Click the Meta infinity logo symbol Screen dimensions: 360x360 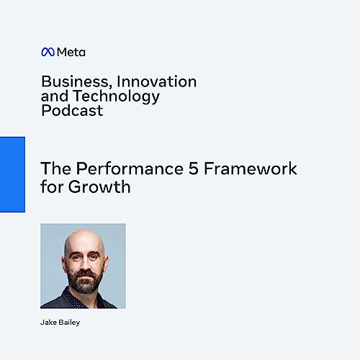[48, 52]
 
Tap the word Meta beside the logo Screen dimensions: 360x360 [71, 52]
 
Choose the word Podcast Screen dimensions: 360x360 [72, 111]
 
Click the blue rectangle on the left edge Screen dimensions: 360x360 [12, 174]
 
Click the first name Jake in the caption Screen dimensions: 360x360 [49, 323]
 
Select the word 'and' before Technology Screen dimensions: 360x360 [53, 96]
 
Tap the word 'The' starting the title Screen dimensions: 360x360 [53, 169]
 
